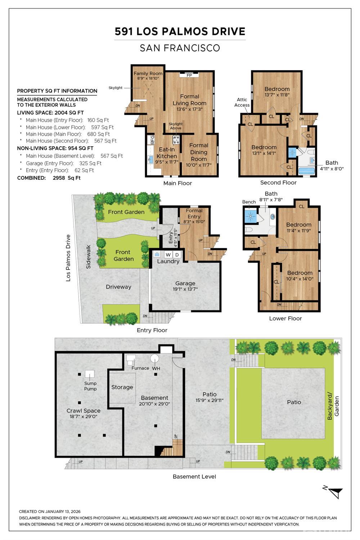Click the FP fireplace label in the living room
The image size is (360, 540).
[189, 75]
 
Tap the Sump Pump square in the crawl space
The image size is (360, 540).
[90, 374]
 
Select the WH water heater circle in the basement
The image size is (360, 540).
[155, 359]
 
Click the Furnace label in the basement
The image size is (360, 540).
[140, 368]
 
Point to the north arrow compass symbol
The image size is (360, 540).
[335, 492]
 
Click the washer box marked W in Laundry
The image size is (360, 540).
[168, 255]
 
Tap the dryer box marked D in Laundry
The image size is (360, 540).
[177, 255]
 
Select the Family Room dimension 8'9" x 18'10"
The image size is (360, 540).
[148, 78]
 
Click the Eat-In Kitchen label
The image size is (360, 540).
[167, 153]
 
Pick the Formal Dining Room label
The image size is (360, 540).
[199, 152]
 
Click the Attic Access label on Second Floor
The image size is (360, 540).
[242, 102]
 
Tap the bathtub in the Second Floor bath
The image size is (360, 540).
[306, 170]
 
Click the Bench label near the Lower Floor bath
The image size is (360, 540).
[249, 202]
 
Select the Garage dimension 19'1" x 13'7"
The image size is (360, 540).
[185, 289]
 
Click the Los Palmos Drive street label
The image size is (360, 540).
[68, 258]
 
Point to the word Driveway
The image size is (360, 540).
[118, 287]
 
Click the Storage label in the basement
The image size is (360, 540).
[122, 387]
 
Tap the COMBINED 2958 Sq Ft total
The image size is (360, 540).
[49, 178]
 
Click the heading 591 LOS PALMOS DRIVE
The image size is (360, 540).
[180, 32]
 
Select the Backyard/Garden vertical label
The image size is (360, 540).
[333, 406]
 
